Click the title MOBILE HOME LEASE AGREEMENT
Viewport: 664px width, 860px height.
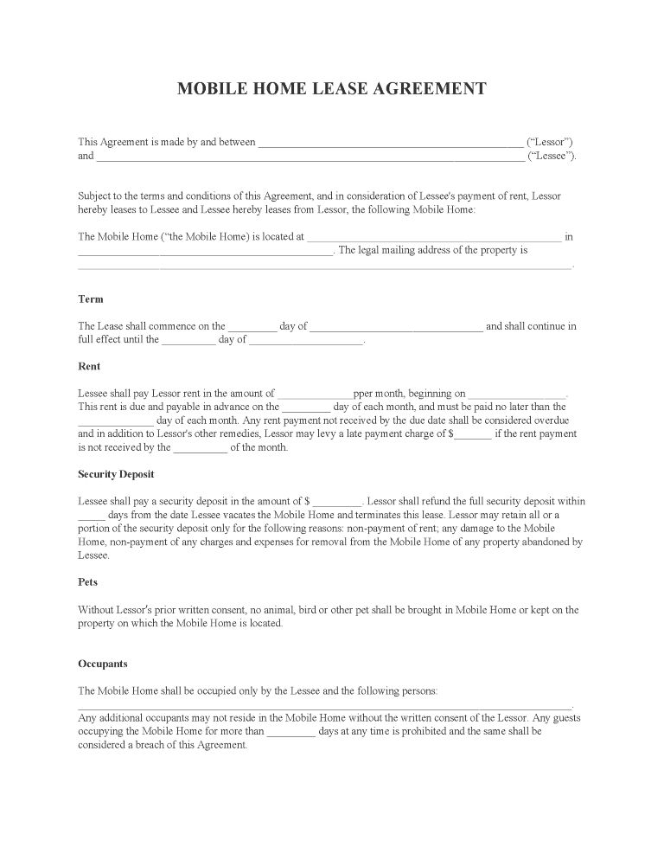(x=331, y=89)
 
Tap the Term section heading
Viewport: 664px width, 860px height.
(x=90, y=299)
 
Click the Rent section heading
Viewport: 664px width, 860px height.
(x=89, y=367)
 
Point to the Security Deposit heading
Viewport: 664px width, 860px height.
(x=116, y=475)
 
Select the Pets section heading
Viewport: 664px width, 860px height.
(x=87, y=583)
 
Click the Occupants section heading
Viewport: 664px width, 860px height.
(x=103, y=664)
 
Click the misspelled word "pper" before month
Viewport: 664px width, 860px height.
(x=363, y=394)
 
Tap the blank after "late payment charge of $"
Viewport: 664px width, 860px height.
(x=473, y=435)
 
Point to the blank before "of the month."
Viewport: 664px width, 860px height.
(x=201, y=449)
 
